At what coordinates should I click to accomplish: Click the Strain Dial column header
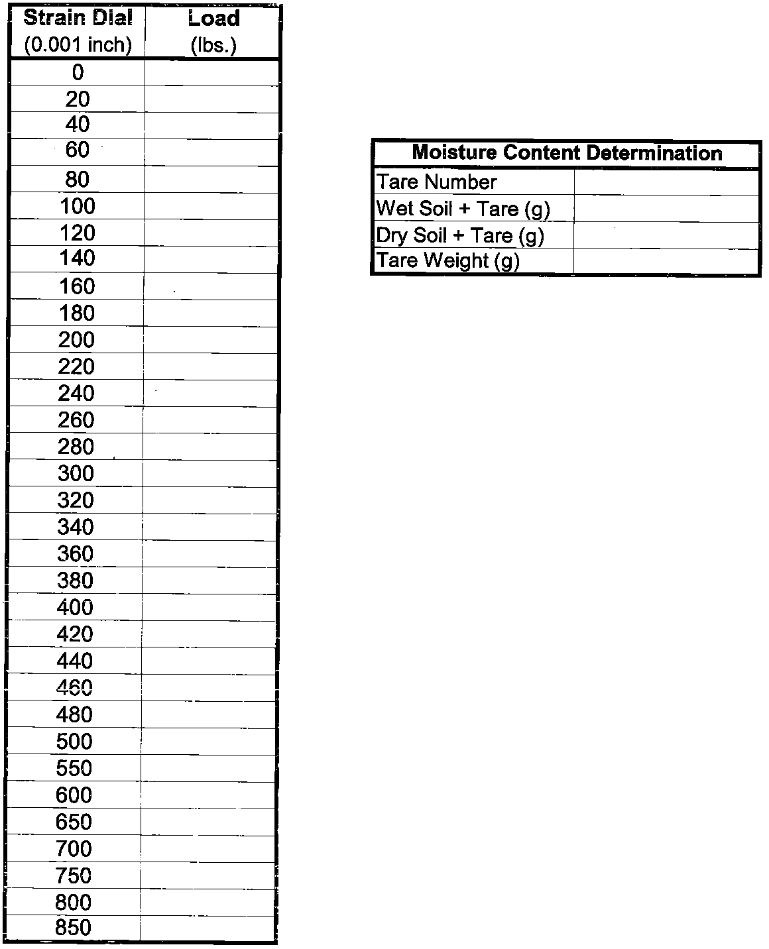tap(78, 31)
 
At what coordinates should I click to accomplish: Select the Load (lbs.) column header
tap(213, 31)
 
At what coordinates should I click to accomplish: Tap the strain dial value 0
tap(78, 72)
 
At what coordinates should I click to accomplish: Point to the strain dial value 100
tap(78, 206)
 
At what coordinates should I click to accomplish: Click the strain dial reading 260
tap(76, 419)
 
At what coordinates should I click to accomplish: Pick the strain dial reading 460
tap(75, 687)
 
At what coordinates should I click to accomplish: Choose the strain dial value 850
tap(74, 928)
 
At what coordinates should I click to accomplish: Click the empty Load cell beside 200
tap(210, 339)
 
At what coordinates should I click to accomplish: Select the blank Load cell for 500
tap(209, 741)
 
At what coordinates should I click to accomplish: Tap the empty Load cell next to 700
tap(208, 848)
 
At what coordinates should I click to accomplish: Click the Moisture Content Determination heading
tap(567, 153)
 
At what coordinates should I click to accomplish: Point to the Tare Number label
tap(437, 182)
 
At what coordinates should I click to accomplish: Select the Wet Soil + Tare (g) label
tap(463, 209)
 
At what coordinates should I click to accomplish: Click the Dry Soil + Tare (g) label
tap(460, 235)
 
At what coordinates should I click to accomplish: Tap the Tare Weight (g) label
tap(448, 260)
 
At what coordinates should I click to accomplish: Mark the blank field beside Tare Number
tap(666, 182)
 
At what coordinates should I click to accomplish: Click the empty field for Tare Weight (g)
tap(666, 260)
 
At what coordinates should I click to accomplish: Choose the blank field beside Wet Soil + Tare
tap(666, 209)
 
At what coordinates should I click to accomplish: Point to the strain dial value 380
tap(75, 581)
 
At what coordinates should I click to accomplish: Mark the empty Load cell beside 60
tap(211, 152)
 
